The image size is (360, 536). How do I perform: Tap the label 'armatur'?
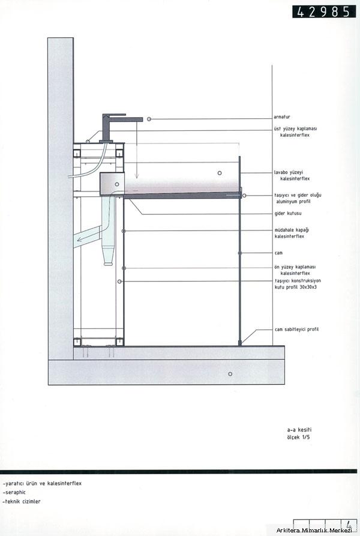click(x=282, y=117)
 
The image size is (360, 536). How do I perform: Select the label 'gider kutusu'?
click(x=288, y=213)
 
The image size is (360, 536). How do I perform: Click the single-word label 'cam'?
click(x=279, y=253)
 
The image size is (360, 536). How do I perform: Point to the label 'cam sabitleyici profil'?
click(x=296, y=330)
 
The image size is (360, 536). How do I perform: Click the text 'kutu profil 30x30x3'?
click(x=295, y=287)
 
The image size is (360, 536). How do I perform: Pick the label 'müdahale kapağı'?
click(x=292, y=230)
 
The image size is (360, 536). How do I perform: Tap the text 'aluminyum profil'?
click(x=293, y=201)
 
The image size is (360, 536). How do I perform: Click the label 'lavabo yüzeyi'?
click(x=288, y=173)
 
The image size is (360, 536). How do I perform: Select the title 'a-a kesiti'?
click(x=299, y=430)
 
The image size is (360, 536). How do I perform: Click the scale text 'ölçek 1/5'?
click(x=299, y=437)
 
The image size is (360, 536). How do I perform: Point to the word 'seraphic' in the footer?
click(x=16, y=492)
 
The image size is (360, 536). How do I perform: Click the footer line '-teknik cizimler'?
click(x=22, y=501)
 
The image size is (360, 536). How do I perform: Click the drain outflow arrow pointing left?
click(x=88, y=235)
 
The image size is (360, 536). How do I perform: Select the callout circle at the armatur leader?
click(x=149, y=119)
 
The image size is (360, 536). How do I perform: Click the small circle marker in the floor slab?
click(x=230, y=374)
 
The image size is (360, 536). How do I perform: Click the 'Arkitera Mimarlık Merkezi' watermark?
click(x=314, y=530)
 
